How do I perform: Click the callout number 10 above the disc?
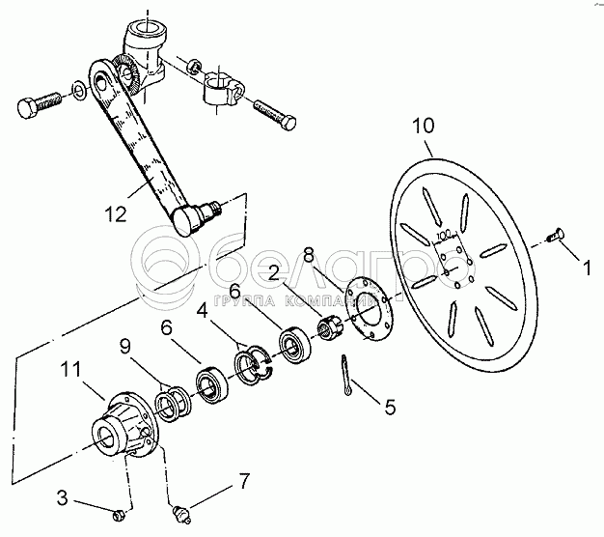[423, 126]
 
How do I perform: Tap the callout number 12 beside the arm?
[116, 214]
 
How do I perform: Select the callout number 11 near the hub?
[70, 369]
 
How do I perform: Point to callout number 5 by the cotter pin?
[390, 407]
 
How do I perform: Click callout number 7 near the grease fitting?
[244, 481]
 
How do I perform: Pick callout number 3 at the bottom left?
[62, 497]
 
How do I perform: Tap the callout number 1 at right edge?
[587, 268]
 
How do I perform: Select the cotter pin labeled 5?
[346, 375]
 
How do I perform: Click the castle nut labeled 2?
[328, 327]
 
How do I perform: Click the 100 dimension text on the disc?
[444, 235]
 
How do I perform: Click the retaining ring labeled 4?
[254, 365]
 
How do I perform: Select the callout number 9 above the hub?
[124, 348]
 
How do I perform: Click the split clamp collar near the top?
[223, 89]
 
